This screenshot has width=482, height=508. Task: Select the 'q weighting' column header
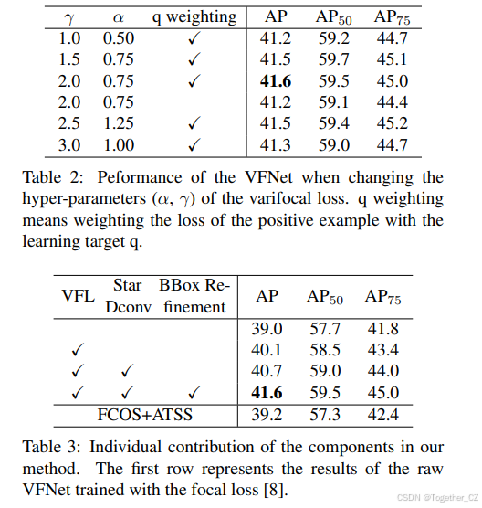click(x=194, y=16)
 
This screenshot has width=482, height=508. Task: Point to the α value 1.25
click(x=119, y=123)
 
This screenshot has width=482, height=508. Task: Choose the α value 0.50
click(x=119, y=38)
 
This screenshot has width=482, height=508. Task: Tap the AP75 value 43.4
click(x=383, y=349)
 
